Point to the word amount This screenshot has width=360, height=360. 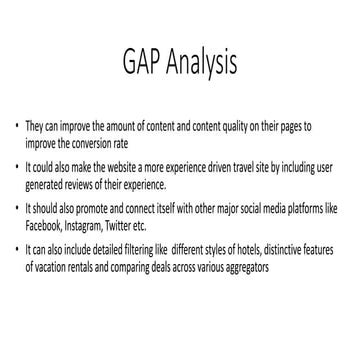pyautogui.click(x=125, y=128)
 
